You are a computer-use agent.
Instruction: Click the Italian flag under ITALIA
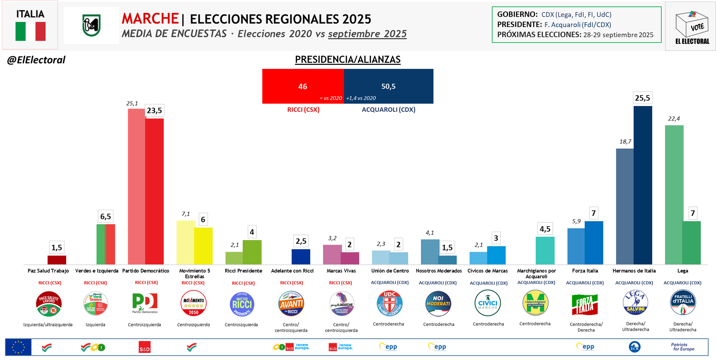pyautogui.click(x=30, y=31)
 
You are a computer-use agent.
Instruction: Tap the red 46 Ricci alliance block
pyautogui.click(x=303, y=86)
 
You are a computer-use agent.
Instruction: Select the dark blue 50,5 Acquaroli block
pyautogui.click(x=388, y=86)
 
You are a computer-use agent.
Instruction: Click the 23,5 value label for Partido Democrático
pyautogui.click(x=154, y=111)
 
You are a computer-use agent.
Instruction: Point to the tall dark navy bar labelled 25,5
pyautogui.click(x=643, y=185)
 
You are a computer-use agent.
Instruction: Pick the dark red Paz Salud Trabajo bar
pyautogui.click(x=57, y=260)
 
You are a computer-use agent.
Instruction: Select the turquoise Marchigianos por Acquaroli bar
pyautogui.click(x=545, y=250)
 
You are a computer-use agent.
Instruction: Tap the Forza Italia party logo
pyautogui.click(x=585, y=304)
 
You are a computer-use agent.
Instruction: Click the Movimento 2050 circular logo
pyautogui.click(x=193, y=303)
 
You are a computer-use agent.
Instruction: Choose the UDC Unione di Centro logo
pyautogui.click(x=389, y=303)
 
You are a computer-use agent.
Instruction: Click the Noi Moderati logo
pyautogui.click(x=438, y=303)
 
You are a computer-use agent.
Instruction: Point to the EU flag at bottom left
pyautogui.click(x=18, y=347)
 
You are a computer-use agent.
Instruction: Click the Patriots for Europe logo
pyautogui.click(x=683, y=347)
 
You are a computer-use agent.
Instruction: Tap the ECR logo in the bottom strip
pyautogui.click(x=634, y=347)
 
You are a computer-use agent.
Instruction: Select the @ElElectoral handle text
pyautogui.click(x=36, y=60)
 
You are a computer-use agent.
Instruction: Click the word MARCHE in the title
pyautogui.click(x=150, y=19)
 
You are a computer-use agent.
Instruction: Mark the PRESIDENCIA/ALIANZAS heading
pyautogui.click(x=347, y=59)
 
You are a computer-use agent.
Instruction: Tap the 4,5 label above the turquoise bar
pyautogui.click(x=545, y=229)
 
